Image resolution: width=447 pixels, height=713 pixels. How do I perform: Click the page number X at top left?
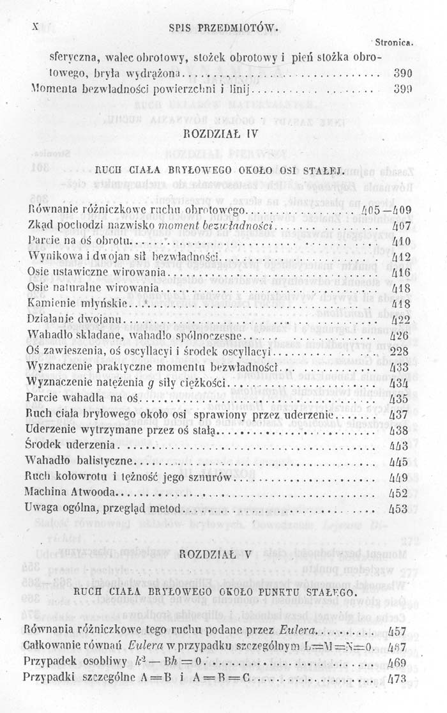(x=35, y=27)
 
